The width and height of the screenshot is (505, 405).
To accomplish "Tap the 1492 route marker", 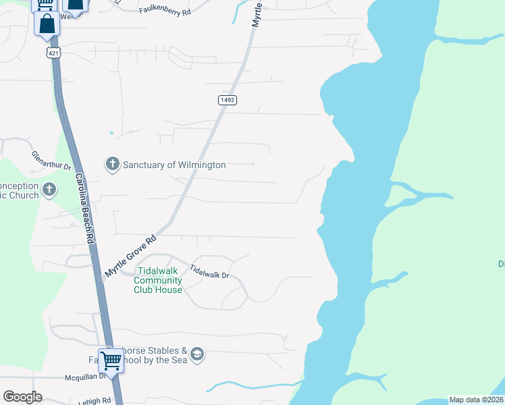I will [227, 100].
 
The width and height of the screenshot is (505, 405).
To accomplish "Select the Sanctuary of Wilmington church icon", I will [112, 164].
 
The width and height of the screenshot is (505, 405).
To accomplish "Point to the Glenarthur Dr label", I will [51, 162].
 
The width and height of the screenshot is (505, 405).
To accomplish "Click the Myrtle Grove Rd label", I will [130, 256].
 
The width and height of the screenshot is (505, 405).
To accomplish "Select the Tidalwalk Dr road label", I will [210, 271].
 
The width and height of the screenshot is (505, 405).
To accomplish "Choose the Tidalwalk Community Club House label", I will [158, 281].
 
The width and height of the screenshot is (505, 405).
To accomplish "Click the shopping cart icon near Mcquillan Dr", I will [111, 359].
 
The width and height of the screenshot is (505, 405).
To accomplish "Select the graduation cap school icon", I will [197, 355].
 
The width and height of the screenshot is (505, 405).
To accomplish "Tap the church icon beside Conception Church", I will [49, 190].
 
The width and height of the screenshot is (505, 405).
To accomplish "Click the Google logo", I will [22, 397].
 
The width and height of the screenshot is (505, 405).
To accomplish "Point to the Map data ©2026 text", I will [476, 400].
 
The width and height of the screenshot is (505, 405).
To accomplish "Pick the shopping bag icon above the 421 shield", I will [47, 23].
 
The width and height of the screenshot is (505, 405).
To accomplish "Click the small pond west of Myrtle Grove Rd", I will [111, 133].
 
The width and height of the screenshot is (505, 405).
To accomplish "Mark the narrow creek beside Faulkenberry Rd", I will [238, 11].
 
